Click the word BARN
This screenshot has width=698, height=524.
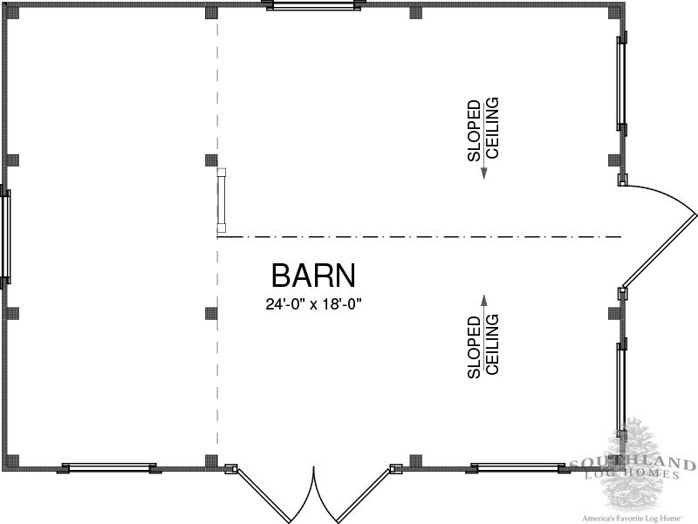click(313, 276)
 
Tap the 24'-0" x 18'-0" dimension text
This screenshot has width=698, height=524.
click(313, 304)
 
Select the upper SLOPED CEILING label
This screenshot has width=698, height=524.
click(483, 129)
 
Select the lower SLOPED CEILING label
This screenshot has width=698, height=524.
click(483, 346)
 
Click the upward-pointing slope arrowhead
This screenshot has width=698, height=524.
click(484, 300)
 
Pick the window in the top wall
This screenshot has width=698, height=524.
click(313, 5)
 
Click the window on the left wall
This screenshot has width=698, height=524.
click(5, 237)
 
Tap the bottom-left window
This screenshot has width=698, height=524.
click(109, 467)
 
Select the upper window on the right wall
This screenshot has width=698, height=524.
click(621, 83)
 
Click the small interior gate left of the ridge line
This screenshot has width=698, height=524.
click(222, 201)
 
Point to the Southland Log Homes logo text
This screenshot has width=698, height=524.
click(632, 469)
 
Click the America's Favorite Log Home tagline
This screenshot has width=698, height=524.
click(633, 518)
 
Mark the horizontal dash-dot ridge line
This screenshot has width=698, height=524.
click(419, 237)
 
